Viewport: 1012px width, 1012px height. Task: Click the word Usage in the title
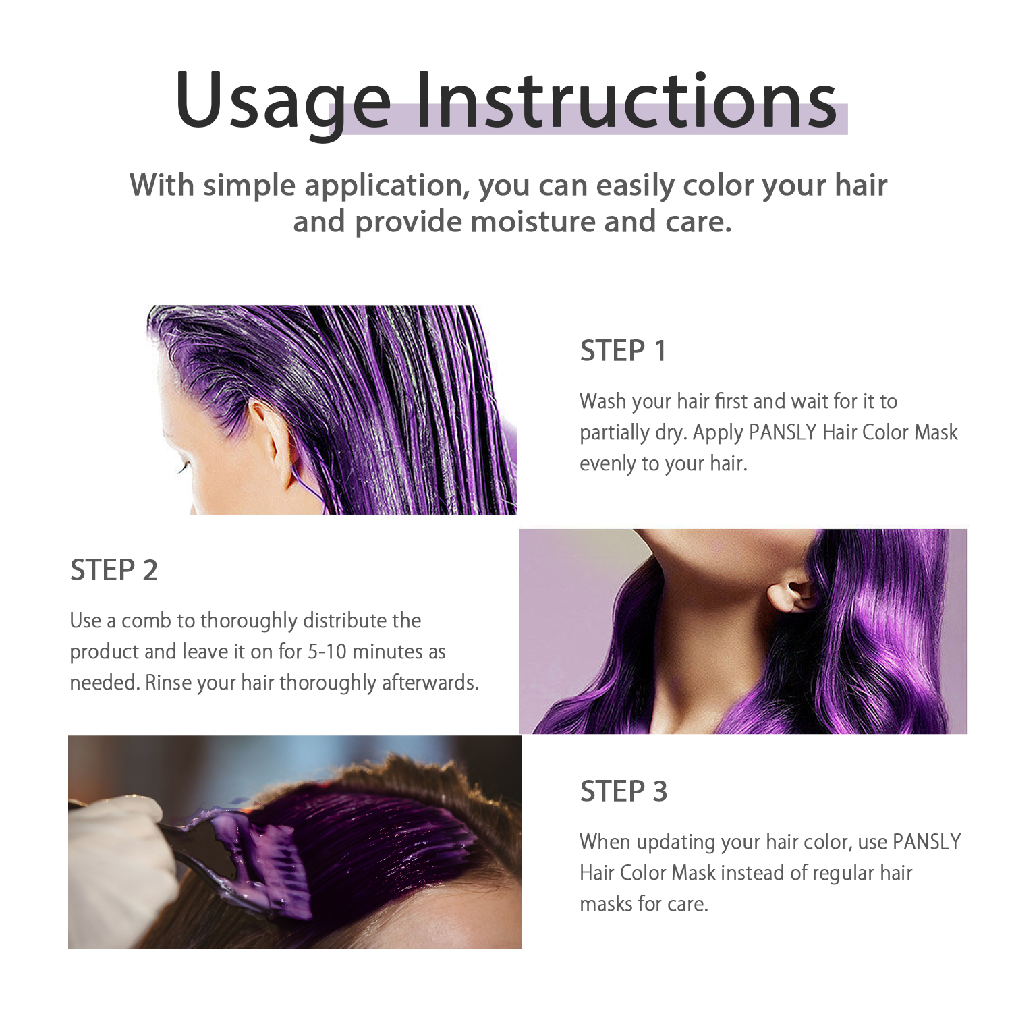click(x=283, y=101)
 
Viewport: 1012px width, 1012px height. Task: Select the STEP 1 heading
click(x=623, y=351)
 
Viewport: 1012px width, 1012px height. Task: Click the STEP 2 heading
click(x=114, y=570)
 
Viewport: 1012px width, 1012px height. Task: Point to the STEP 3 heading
click(x=624, y=791)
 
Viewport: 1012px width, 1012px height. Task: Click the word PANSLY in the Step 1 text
click(x=783, y=432)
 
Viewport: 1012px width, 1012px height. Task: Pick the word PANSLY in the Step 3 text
click(x=927, y=841)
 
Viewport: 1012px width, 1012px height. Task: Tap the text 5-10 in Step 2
click(x=327, y=652)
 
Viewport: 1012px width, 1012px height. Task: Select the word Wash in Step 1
click(x=602, y=401)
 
